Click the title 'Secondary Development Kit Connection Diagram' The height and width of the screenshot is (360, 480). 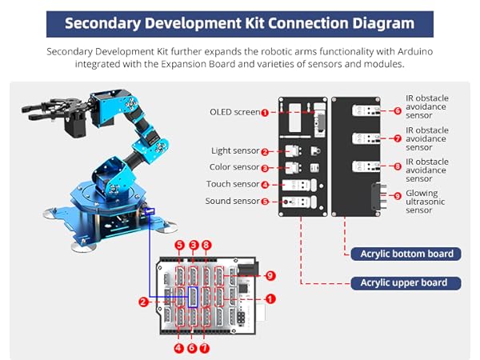tap(239, 22)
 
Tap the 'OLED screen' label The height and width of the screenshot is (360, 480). tap(234, 112)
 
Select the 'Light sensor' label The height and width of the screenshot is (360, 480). tap(235, 150)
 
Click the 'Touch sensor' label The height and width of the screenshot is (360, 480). tap(233, 185)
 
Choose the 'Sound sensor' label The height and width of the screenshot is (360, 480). tap(232, 202)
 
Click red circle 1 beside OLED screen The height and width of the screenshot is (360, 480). tap(265, 113)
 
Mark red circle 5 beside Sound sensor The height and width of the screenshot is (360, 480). tap(265, 202)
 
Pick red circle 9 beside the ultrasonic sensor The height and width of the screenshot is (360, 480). tap(398, 195)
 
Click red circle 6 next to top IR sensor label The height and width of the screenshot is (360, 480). tap(398, 112)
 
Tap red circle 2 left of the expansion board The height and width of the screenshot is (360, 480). tap(142, 302)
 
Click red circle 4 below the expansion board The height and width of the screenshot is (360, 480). tap(179, 348)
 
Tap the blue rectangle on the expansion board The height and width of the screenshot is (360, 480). tap(192, 297)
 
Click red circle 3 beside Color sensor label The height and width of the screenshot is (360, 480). tap(265, 168)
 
